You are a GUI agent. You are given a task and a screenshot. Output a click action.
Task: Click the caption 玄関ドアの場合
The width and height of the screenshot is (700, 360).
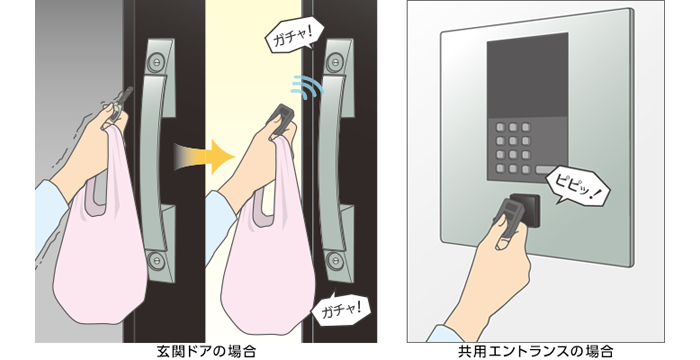tap(206, 350)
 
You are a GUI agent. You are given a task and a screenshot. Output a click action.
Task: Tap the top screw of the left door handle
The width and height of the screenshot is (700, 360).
tap(158, 61)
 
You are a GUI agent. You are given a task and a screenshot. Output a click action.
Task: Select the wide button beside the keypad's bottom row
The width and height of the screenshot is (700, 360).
tap(548, 172)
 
